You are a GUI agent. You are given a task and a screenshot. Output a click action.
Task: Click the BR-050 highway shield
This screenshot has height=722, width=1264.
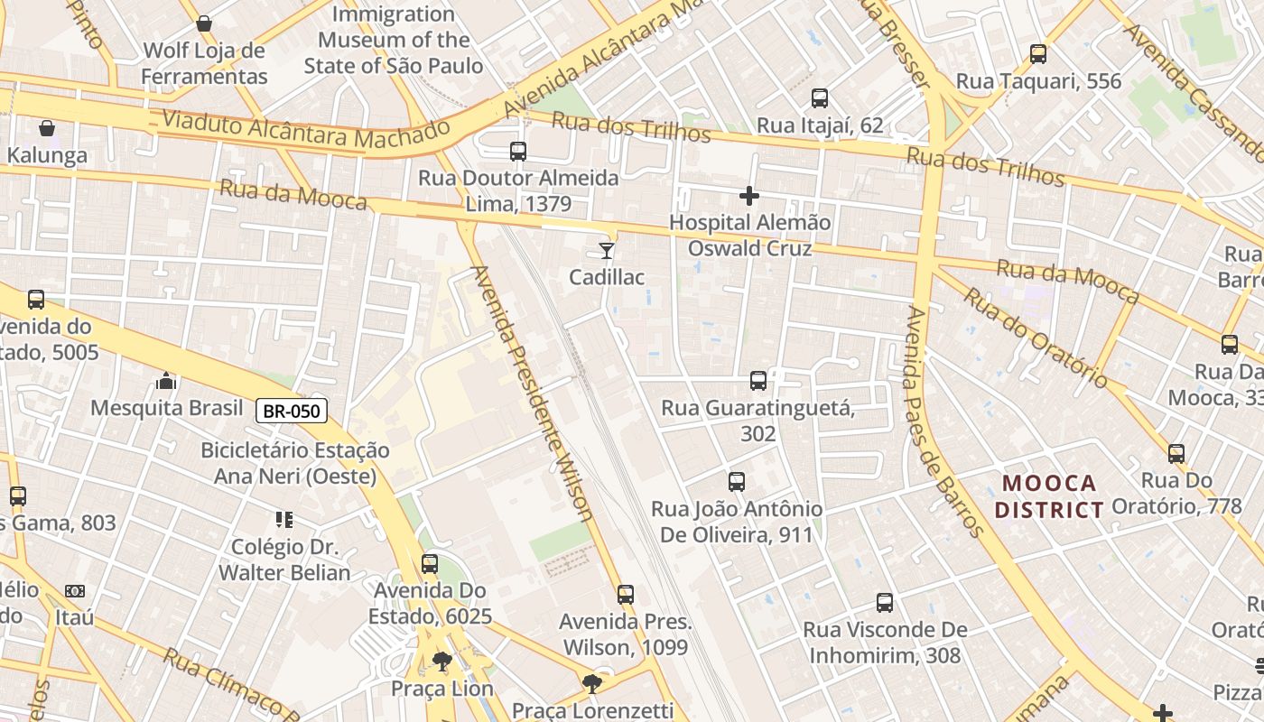(x=291, y=412)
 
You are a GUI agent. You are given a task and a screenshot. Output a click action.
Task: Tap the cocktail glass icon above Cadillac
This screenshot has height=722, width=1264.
(x=607, y=250)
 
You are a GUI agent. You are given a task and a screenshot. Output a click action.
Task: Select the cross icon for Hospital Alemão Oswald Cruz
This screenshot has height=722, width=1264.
(x=748, y=195)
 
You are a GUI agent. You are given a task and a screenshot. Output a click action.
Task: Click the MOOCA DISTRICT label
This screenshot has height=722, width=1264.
(x=1048, y=496)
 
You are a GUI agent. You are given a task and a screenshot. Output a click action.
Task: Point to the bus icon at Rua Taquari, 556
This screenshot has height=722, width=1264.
(x=1038, y=54)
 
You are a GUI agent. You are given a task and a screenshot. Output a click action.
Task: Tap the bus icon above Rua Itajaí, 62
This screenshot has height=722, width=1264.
(x=820, y=98)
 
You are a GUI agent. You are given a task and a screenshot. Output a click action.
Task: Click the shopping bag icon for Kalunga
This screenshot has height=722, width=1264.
(x=47, y=128)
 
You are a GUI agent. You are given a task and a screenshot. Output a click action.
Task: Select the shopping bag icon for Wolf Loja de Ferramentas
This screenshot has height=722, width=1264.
(x=204, y=23)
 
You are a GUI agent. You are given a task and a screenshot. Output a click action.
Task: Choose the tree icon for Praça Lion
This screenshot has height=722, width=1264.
(x=441, y=662)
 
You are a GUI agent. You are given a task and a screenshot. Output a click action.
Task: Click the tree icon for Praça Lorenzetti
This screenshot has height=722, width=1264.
(x=592, y=684)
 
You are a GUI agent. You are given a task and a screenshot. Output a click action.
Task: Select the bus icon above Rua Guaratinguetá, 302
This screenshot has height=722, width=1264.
(x=758, y=381)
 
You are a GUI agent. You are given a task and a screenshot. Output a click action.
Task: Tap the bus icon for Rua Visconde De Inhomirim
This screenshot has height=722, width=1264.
(x=885, y=603)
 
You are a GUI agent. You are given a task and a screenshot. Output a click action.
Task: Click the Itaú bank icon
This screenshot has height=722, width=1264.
(x=75, y=591)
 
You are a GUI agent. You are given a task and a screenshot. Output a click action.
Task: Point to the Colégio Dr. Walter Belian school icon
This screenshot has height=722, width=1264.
(x=284, y=520)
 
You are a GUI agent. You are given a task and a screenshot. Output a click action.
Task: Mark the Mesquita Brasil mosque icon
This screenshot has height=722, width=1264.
(x=166, y=381)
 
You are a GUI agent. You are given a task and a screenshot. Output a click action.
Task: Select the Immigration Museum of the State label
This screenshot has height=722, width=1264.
(x=394, y=41)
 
